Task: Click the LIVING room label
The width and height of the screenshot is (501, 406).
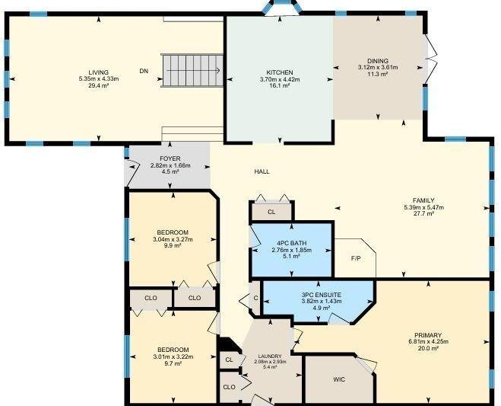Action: (99, 72)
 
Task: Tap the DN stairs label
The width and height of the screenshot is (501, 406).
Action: (144, 71)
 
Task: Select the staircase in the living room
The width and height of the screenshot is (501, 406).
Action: (192, 70)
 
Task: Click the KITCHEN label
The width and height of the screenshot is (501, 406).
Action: (280, 72)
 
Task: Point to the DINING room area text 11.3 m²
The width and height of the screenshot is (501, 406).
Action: (378, 74)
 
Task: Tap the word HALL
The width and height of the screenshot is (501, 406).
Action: (262, 171)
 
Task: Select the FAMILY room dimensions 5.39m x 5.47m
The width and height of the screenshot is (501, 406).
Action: (423, 207)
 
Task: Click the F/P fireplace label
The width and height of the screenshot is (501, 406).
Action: (356, 258)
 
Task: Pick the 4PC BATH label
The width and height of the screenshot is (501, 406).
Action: (292, 243)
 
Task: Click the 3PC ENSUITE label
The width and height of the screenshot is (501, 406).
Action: (322, 295)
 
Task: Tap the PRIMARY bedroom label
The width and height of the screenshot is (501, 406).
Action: (428, 335)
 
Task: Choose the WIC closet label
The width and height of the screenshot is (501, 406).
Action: (339, 380)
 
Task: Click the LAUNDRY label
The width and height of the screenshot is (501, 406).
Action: (270, 356)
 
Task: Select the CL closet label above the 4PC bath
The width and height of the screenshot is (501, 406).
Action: (271, 212)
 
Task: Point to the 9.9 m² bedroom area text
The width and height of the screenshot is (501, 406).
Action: (173, 245)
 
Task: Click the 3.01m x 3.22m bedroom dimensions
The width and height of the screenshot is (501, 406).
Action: (173, 356)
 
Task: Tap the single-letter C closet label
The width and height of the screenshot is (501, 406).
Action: (255, 298)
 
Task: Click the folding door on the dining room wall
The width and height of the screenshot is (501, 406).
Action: (431, 59)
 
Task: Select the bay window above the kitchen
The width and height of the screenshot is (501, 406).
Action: (281, 7)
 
